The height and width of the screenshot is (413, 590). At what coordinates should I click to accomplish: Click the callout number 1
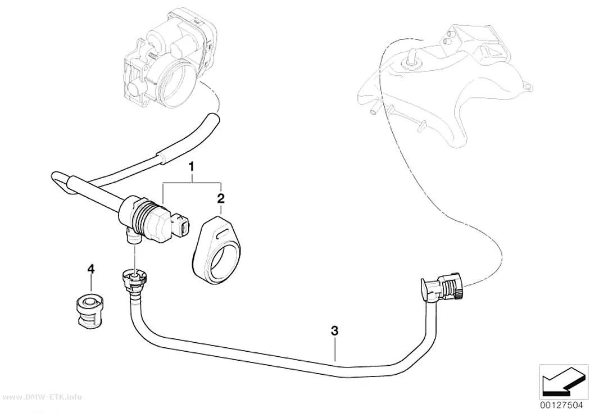[x=192, y=166]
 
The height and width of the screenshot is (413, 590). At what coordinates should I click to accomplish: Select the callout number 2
[x=221, y=198]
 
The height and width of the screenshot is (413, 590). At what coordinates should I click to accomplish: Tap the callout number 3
[x=334, y=331]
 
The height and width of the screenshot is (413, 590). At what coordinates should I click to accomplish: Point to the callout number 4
[x=90, y=269]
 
